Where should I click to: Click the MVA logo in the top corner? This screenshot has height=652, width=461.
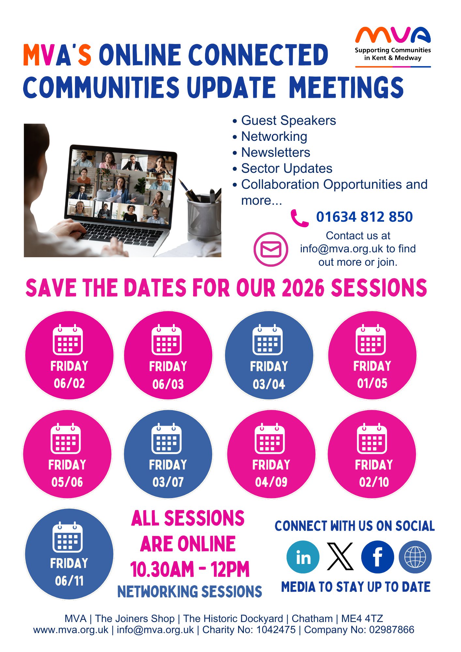pos(393,47)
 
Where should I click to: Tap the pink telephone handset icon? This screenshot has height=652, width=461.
pos(299,218)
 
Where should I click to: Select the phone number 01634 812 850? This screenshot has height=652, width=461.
pos(364,217)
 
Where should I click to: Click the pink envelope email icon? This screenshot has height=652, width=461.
pos(271,249)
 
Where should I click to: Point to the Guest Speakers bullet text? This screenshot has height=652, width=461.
pos(289,120)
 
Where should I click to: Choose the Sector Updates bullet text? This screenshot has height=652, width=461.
pos(287,168)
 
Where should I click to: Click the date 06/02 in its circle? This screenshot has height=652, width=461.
pos(69,383)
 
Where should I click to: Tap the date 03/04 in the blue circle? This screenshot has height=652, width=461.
pos(269,384)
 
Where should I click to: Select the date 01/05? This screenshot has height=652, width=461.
pos(372,383)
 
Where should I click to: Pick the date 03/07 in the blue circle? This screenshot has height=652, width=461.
pos(168,482)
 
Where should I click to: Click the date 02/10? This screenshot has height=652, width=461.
pos(374,482)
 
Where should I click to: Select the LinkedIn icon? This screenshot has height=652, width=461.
pos(303,557)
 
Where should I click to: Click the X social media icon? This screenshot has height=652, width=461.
pos(340,556)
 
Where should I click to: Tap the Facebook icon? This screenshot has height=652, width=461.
pos(378,557)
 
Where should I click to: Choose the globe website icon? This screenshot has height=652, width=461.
pos(415,557)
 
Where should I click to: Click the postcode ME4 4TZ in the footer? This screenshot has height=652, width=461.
pos(362,618)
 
